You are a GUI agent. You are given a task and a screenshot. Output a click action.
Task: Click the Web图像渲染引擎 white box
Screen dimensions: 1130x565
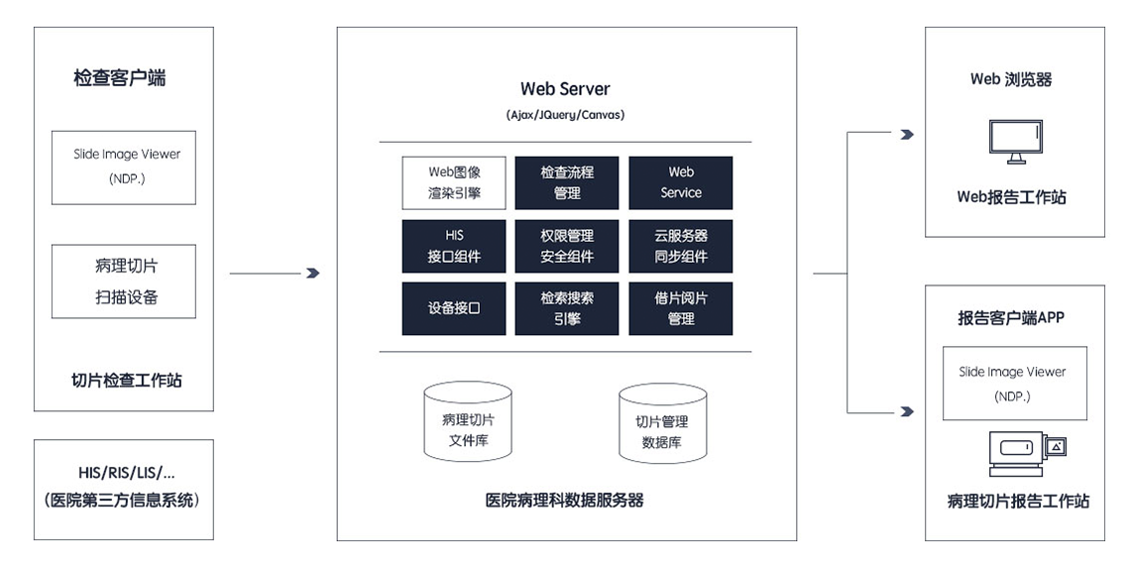(x=454, y=183)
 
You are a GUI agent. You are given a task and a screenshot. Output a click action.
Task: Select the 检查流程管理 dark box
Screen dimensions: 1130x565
(x=566, y=183)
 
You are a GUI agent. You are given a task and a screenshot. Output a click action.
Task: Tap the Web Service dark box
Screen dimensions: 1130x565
(x=680, y=183)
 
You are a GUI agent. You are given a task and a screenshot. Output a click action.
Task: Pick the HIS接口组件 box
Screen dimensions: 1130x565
(x=454, y=246)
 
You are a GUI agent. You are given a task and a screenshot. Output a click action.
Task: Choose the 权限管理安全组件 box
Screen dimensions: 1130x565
(x=566, y=246)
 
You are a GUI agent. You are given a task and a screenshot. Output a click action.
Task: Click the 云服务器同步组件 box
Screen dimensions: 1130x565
(x=680, y=246)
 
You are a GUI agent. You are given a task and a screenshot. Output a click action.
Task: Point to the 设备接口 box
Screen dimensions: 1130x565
(x=454, y=308)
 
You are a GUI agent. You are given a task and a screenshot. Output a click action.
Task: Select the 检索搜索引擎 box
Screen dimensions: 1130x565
(x=566, y=308)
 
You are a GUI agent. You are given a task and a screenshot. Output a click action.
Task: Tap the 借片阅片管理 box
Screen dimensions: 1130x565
(x=680, y=308)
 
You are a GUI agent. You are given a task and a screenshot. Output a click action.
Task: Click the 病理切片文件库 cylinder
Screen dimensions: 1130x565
(x=469, y=421)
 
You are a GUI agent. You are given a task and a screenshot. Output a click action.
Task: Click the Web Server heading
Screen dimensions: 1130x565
(x=565, y=89)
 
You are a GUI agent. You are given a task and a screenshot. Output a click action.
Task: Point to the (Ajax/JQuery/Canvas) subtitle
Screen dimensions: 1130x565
(x=565, y=115)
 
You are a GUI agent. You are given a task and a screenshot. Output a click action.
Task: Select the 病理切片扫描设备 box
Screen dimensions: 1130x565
(x=123, y=282)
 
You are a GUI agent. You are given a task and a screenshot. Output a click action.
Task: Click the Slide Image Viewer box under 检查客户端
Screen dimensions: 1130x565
(x=123, y=168)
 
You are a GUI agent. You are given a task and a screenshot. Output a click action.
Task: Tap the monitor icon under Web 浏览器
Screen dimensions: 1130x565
(x=1015, y=142)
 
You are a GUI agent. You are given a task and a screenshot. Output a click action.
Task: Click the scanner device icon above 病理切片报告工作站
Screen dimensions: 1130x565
(x=1028, y=453)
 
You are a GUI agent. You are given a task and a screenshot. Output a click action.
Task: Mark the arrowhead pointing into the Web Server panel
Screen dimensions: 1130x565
(x=313, y=274)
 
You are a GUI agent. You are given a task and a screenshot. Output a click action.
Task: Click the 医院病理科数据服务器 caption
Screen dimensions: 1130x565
(x=565, y=501)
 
